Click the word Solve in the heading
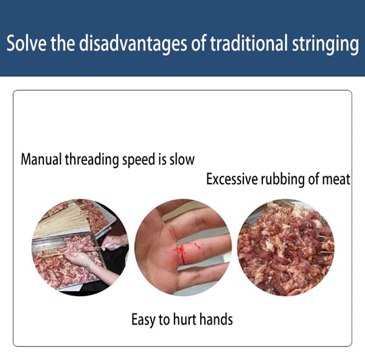pos(26,43)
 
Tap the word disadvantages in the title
pos(133,44)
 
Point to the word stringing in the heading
pos(325,44)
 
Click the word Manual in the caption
pos(41,159)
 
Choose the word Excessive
pos(232,179)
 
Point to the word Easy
pos(144,320)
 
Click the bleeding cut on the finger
pos(181,253)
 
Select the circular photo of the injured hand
pos(183,247)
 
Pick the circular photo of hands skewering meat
pos(80,247)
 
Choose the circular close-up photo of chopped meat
pos(286,247)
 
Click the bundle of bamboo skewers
pos(61,221)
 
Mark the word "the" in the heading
pos(63,43)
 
